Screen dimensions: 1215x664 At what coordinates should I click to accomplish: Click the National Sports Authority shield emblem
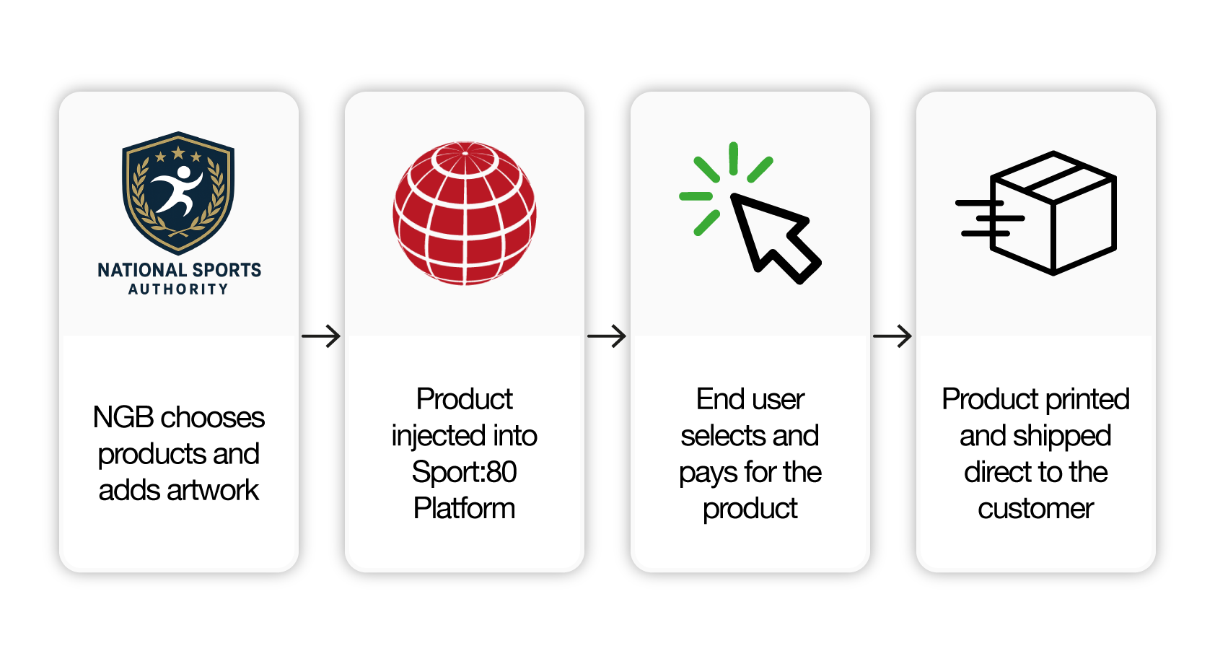[x=178, y=193]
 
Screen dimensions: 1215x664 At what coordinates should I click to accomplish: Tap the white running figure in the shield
[x=177, y=190]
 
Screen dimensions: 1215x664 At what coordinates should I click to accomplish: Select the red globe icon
[x=465, y=213]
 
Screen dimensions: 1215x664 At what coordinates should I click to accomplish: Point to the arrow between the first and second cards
[x=321, y=336]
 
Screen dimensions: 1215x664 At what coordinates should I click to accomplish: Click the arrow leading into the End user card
[x=607, y=336]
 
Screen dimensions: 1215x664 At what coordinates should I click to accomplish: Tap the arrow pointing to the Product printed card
[x=892, y=336]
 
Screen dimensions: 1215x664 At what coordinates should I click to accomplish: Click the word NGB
[x=123, y=417]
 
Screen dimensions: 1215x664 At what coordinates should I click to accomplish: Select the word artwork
[x=213, y=490]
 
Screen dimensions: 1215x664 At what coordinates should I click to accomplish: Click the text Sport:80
[x=465, y=472]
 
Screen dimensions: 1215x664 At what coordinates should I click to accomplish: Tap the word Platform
[x=465, y=508]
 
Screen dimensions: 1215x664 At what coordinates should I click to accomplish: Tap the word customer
[x=1035, y=509]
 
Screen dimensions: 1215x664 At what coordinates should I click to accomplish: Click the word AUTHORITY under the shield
[x=178, y=289]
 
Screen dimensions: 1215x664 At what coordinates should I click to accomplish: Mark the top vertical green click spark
[x=733, y=158]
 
